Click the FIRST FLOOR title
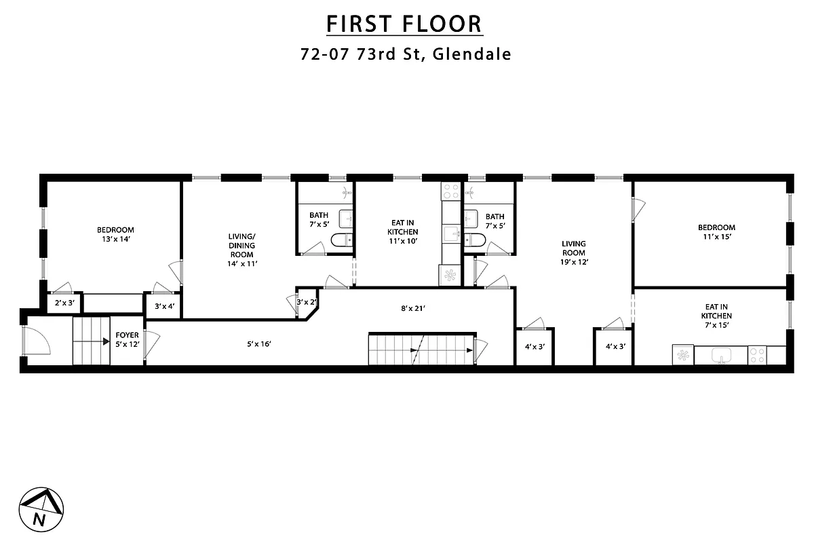click(404, 24)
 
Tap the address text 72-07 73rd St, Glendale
click(405, 54)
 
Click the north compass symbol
click(40, 509)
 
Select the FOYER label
click(127, 335)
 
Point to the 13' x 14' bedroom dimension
click(115, 239)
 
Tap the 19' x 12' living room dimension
click(573, 262)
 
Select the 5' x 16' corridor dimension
click(259, 343)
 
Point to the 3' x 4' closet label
click(165, 306)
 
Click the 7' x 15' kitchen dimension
click(716, 326)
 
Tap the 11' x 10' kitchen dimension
click(402, 240)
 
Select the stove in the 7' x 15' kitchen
click(757, 355)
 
